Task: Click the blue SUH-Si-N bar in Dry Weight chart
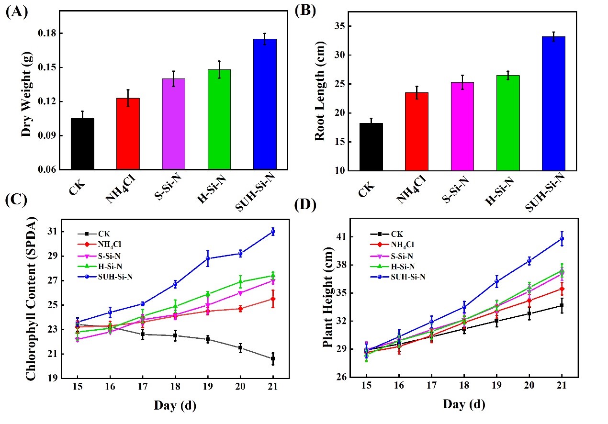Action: tap(265, 104)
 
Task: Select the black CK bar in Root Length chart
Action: tap(371, 146)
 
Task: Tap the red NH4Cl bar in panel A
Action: tap(128, 134)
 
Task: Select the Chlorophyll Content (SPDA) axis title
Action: tap(31, 300)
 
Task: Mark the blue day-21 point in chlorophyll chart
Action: tap(273, 232)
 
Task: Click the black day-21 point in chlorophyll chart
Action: tap(273, 358)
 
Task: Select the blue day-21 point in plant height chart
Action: tap(562, 238)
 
